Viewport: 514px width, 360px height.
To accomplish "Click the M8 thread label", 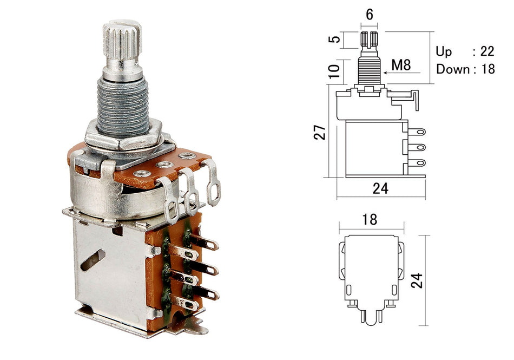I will coord(401,66).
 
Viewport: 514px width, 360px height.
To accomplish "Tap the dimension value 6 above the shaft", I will coord(369,15).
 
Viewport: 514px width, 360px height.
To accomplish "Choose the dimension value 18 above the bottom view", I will coord(370,219).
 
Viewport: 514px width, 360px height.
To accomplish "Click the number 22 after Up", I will coord(487,51).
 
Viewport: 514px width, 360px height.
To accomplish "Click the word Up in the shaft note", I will coord(444,51).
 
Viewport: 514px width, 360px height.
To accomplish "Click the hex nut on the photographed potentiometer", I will coord(123,135).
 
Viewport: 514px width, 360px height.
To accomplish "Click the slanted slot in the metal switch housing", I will coord(93,259).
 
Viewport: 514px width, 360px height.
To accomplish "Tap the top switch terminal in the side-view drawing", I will coord(418,131).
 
